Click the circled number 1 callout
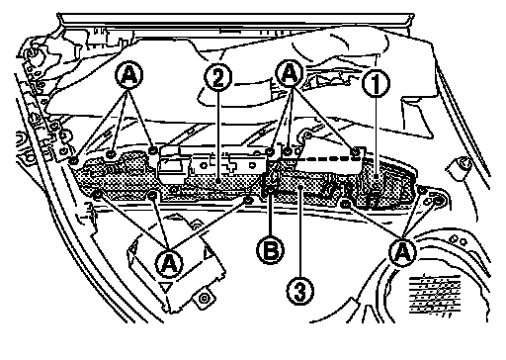(x=376, y=83)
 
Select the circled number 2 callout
(x=217, y=77)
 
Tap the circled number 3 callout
(x=299, y=291)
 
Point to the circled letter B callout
(x=271, y=250)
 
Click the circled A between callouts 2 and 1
(x=290, y=74)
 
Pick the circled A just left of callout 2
(x=129, y=75)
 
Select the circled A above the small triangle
(x=169, y=263)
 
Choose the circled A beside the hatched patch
(x=402, y=252)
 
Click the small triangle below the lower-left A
(x=166, y=287)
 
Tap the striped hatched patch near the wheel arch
(x=435, y=295)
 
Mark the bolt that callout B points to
(x=270, y=190)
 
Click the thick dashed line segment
(x=325, y=158)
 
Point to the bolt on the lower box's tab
(x=205, y=299)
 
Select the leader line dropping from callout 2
(x=218, y=135)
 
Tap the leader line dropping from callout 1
(x=376, y=137)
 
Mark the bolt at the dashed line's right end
(x=355, y=152)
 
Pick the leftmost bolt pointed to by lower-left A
(x=97, y=195)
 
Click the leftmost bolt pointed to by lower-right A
(x=345, y=204)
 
